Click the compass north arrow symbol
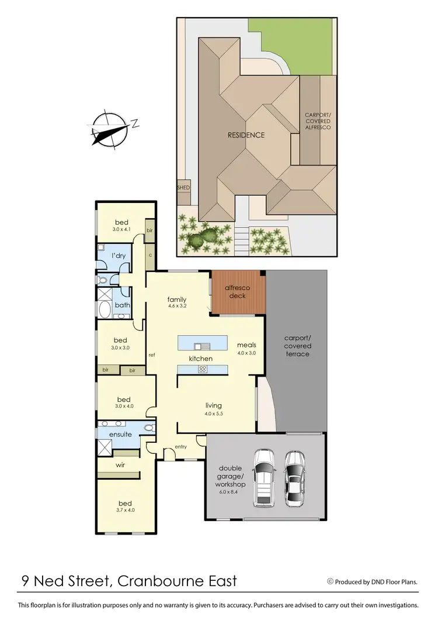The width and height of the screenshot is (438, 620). (x=110, y=129)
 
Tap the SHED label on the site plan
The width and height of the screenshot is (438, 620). (x=183, y=188)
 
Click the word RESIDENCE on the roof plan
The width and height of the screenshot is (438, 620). (x=246, y=135)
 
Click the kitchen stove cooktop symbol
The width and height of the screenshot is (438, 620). (x=203, y=369)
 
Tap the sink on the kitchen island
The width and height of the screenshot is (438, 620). (x=202, y=345)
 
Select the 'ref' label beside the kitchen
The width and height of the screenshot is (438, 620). (x=151, y=355)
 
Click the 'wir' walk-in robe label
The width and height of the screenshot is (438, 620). (x=120, y=466)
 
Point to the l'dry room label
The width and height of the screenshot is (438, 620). (x=119, y=257)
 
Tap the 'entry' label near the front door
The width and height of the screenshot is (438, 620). (x=180, y=447)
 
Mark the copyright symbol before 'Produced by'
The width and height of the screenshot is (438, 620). (x=330, y=581)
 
